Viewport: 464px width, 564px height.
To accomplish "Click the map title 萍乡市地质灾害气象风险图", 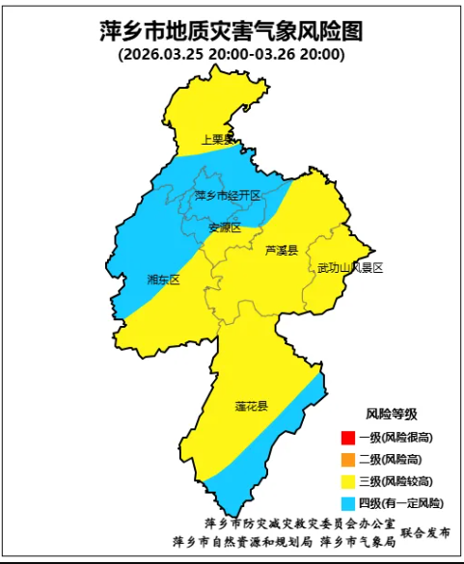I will point(232,31).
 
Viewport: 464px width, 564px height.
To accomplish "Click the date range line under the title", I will point(232,55).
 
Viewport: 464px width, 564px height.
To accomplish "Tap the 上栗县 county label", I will point(217,140).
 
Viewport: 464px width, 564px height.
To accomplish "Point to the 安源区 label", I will point(225,228).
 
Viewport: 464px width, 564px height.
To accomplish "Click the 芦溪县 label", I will point(282,250).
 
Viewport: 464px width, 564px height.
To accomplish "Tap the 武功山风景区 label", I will point(350,267).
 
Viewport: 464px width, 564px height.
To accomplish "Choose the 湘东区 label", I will point(163,280).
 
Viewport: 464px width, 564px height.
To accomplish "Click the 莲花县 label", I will point(251,406).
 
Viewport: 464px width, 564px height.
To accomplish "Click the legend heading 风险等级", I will point(391,414).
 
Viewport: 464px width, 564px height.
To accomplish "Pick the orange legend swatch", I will point(348,459).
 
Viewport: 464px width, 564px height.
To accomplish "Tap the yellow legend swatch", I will point(348,481).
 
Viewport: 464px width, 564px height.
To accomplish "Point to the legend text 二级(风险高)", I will point(391,459).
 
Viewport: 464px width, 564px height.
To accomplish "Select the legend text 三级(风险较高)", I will point(396,481).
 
